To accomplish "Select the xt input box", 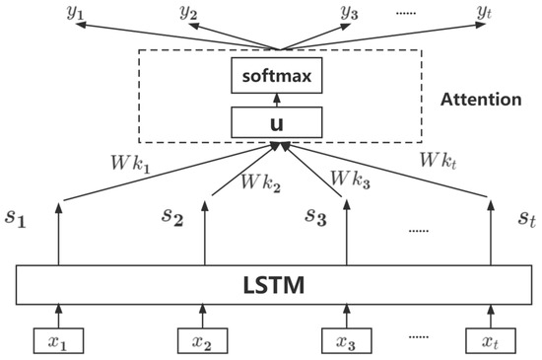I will [490, 340].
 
